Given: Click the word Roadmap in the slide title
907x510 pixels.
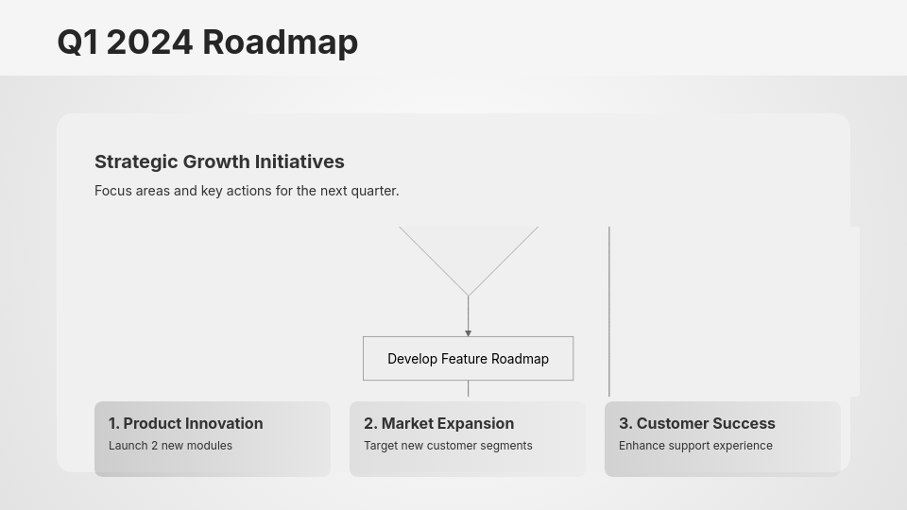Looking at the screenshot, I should click(280, 42).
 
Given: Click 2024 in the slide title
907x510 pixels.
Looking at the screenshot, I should click(149, 42).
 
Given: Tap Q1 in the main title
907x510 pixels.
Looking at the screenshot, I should click(77, 42).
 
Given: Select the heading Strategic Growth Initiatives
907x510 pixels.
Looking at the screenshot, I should click(219, 161).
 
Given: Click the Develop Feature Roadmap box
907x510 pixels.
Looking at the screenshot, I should click(468, 359).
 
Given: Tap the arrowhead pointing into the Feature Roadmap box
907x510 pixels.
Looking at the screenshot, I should click(468, 333).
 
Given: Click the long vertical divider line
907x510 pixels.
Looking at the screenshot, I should click(609, 312).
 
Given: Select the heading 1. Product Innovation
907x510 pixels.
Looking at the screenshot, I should click(185, 423).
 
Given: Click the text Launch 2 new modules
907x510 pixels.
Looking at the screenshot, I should click(170, 446).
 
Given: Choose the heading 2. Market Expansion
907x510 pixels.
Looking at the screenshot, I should click(438, 423).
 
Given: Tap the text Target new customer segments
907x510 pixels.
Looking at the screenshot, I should click(448, 446).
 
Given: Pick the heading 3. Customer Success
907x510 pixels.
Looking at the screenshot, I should click(696, 423).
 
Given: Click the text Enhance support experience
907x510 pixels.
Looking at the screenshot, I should click(695, 446).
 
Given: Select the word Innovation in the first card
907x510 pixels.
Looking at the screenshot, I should click(218, 423).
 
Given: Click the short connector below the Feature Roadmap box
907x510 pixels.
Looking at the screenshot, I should click(468, 388).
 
